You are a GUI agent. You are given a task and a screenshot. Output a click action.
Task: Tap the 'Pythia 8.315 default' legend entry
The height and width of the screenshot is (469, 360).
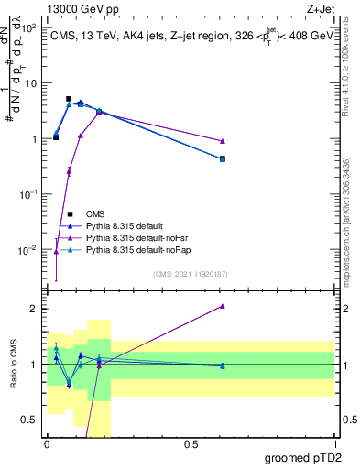(x=126, y=225)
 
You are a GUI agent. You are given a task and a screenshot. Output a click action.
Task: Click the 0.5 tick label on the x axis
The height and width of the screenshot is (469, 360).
(x=191, y=444)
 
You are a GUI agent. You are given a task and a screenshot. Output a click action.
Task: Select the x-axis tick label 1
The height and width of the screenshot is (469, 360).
(x=333, y=444)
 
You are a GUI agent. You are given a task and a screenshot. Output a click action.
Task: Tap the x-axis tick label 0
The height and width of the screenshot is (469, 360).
(x=47, y=444)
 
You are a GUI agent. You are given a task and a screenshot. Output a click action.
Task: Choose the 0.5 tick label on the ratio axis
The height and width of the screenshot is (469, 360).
(x=30, y=420)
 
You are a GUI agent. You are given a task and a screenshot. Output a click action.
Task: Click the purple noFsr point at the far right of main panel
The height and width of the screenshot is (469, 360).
(x=223, y=141)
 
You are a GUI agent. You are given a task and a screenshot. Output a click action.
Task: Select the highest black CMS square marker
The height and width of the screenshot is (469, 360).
(x=69, y=99)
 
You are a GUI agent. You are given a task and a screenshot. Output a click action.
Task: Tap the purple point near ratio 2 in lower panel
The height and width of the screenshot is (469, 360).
(x=223, y=306)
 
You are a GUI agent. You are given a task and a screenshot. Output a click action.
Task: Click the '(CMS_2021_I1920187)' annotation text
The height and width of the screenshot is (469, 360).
(x=191, y=273)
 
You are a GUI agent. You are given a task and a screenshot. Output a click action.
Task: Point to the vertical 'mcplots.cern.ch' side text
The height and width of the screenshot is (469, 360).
(x=352, y=229)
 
